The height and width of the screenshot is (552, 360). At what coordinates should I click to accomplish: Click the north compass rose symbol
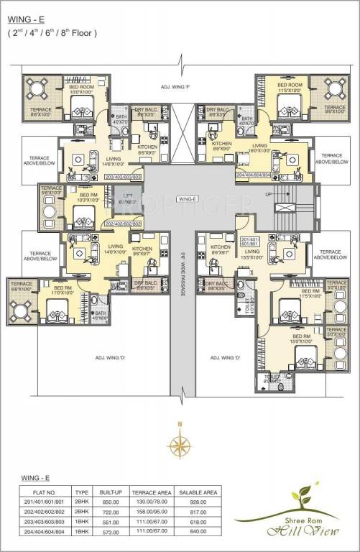[180, 439]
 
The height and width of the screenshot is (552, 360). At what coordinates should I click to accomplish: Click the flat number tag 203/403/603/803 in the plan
[123, 176]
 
